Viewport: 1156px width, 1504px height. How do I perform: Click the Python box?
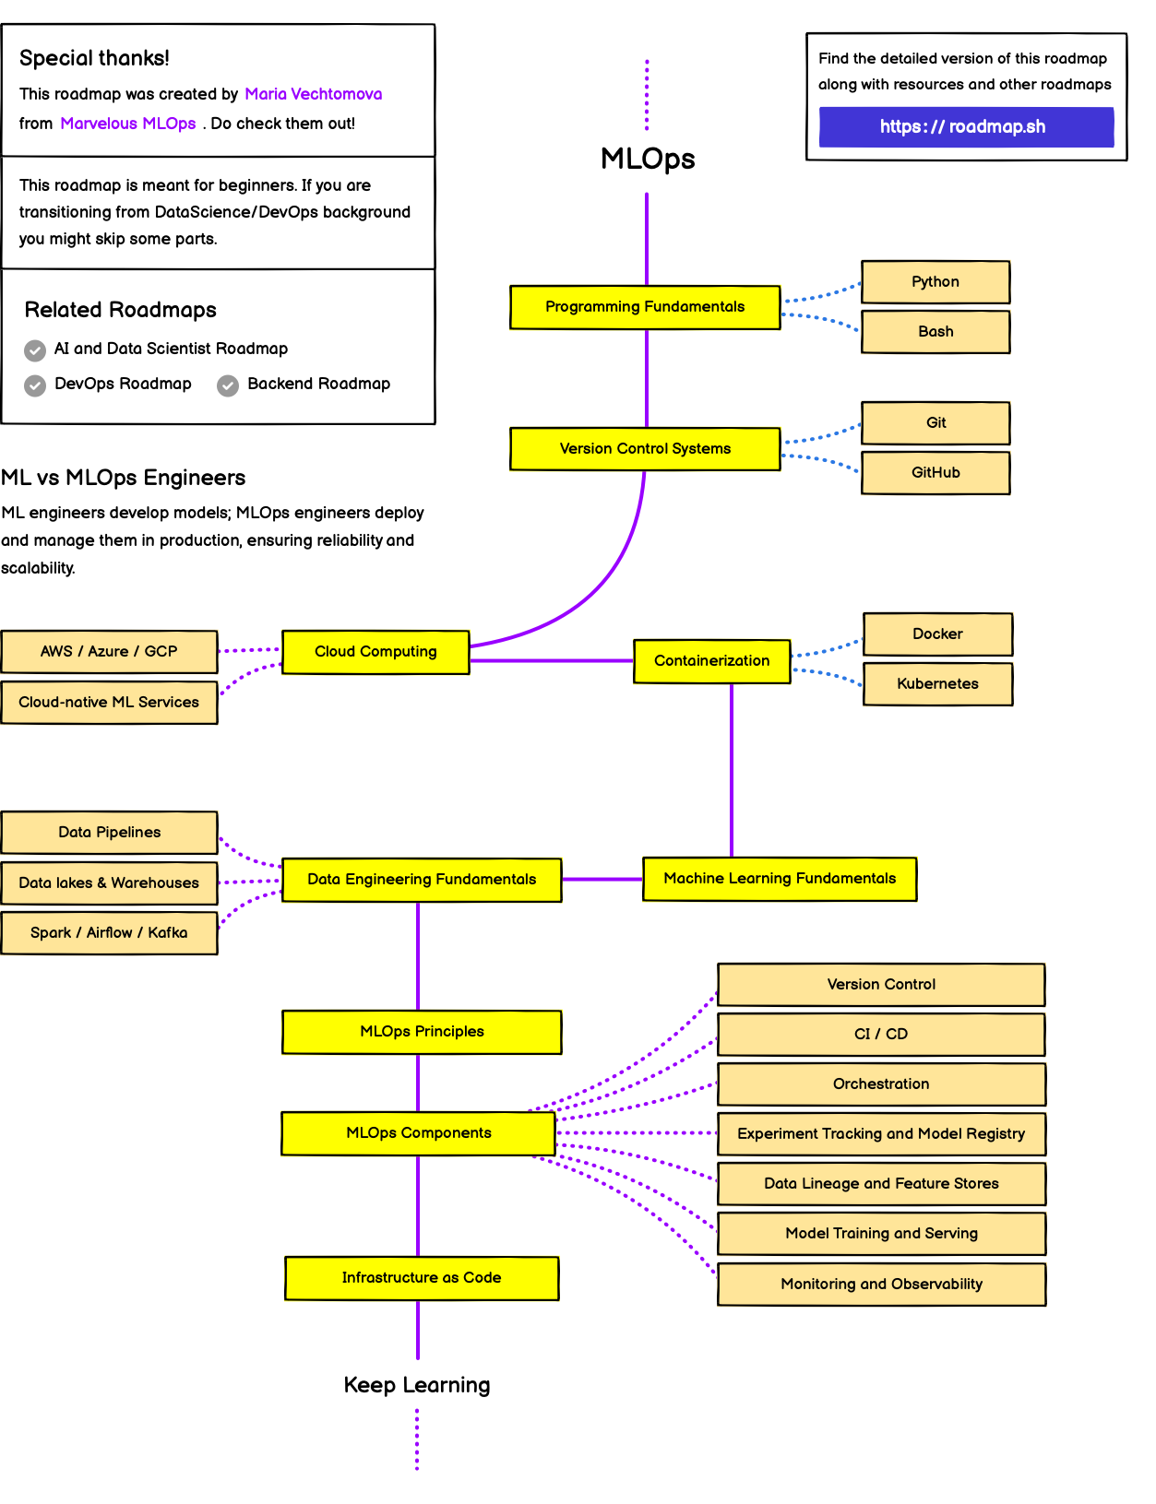click(x=936, y=281)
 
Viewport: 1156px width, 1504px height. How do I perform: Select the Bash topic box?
click(x=936, y=332)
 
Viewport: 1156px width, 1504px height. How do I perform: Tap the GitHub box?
click(x=936, y=473)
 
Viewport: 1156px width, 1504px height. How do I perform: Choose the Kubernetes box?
click(x=937, y=684)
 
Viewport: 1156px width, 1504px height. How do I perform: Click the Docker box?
click(x=937, y=634)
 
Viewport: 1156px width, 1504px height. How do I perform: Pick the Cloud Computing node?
click(x=375, y=652)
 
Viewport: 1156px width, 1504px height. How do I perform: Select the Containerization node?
click(x=711, y=661)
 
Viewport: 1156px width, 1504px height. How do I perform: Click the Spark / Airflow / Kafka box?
click(x=109, y=933)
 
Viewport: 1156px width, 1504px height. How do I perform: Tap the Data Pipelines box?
click(x=109, y=833)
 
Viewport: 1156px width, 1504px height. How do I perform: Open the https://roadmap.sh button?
click(x=966, y=126)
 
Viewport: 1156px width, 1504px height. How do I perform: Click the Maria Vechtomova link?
click(x=313, y=94)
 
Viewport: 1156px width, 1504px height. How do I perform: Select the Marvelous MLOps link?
click(x=128, y=124)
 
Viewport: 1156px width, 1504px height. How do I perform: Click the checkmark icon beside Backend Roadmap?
click(x=228, y=385)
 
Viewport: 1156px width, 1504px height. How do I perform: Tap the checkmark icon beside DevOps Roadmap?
click(x=35, y=385)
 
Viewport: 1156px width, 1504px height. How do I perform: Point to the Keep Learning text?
click(x=417, y=1385)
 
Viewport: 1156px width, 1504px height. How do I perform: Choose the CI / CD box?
click(x=881, y=1034)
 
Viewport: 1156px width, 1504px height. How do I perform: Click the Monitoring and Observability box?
click(x=881, y=1284)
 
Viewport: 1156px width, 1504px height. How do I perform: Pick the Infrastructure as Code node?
click(x=422, y=1278)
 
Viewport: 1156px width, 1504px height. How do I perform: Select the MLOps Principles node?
click(x=422, y=1032)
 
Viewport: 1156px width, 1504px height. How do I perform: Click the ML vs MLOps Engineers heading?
click(x=124, y=478)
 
